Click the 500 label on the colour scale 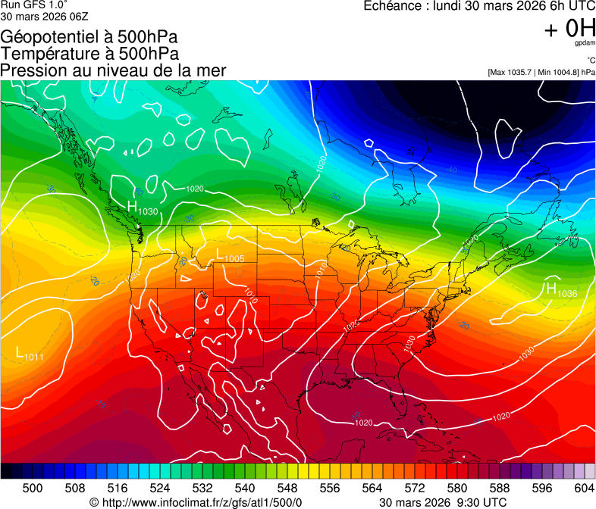(33, 487)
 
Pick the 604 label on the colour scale (584, 487)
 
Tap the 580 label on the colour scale (456, 487)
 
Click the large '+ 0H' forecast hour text (569, 29)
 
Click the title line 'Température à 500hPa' (89, 54)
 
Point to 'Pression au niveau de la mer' (113, 70)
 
